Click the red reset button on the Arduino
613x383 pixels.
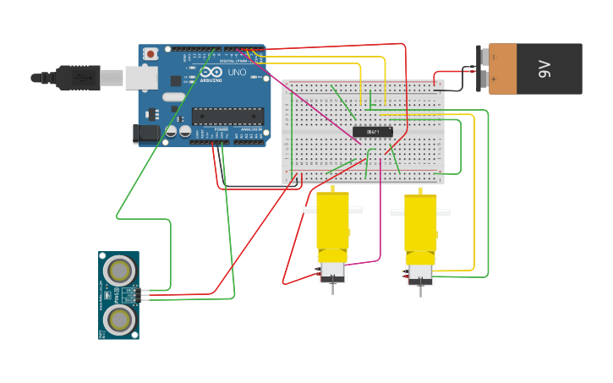coord(151,54)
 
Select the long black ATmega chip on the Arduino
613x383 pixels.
coord(227,116)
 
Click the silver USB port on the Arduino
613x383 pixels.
coord(140,78)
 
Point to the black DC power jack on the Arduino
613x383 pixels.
coord(145,133)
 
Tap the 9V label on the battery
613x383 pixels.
coord(545,68)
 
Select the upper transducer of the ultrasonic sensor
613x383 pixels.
coord(119,271)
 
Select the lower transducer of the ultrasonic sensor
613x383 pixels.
coord(119,319)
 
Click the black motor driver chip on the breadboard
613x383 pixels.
coord(373,131)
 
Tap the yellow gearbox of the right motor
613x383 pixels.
coord(420,223)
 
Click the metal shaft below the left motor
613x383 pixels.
coord(332,288)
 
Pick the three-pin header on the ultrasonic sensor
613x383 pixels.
coord(130,295)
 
